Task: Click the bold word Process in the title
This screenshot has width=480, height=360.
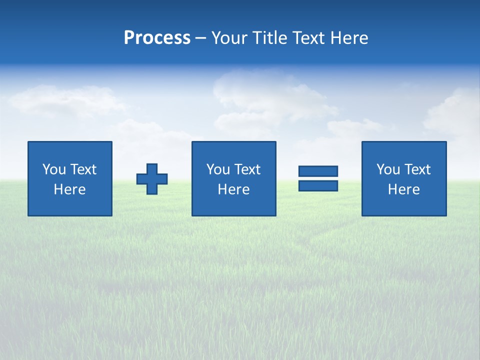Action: click(157, 38)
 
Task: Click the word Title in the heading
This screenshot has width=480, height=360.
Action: click(269, 38)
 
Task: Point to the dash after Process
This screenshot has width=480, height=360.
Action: click(200, 38)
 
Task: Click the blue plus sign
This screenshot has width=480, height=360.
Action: click(152, 179)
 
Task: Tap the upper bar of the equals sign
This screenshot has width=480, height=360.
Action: click(318, 171)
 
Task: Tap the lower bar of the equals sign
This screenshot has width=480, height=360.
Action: click(318, 185)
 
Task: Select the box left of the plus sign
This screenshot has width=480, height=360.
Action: click(70, 178)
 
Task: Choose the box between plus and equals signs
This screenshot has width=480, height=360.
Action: click(233, 178)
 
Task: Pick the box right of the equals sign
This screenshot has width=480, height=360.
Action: click(404, 178)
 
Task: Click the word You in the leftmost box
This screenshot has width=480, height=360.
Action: click(54, 169)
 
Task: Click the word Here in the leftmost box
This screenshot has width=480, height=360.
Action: click(70, 189)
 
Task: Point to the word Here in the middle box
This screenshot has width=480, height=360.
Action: click(233, 189)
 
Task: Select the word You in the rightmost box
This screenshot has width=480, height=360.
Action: click(388, 169)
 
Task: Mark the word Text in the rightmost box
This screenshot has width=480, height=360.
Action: click(417, 169)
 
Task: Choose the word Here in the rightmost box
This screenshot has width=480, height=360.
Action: click(404, 189)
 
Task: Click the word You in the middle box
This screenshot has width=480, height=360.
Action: click(218, 169)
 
